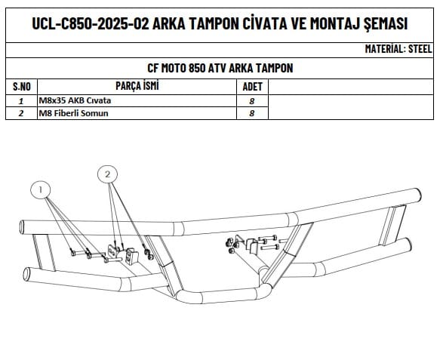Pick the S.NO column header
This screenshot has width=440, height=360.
tap(22, 87)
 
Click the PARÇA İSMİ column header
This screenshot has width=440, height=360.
tap(137, 86)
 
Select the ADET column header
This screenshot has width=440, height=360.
tap(252, 87)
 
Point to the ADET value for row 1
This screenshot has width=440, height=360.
tap(252, 101)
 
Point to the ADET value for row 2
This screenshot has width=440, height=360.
tap(252, 113)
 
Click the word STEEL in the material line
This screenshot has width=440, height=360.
tap(420, 49)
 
